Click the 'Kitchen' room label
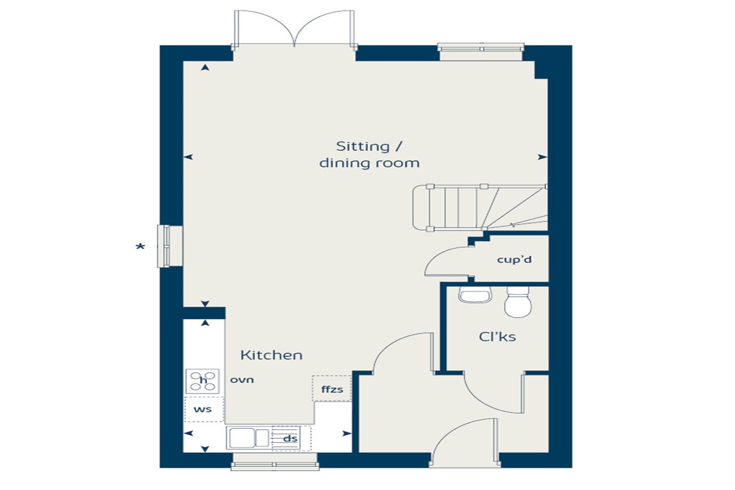pos(271,355)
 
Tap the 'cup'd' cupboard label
pos(514,260)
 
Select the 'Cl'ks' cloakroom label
pos(497,337)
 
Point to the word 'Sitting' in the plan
pos(363,147)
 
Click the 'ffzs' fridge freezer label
pos(332,390)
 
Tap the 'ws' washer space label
pos(202,410)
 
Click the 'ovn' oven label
pos(242,380)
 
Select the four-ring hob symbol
pos(202,381)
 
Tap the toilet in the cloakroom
pos(518,302)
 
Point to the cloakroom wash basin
pos(475,294)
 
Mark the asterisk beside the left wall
pos(140,246)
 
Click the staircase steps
pos(480,207)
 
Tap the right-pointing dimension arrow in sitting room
pos(542,157)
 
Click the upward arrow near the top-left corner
pos(205,67)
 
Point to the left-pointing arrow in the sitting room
pos(188,157)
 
